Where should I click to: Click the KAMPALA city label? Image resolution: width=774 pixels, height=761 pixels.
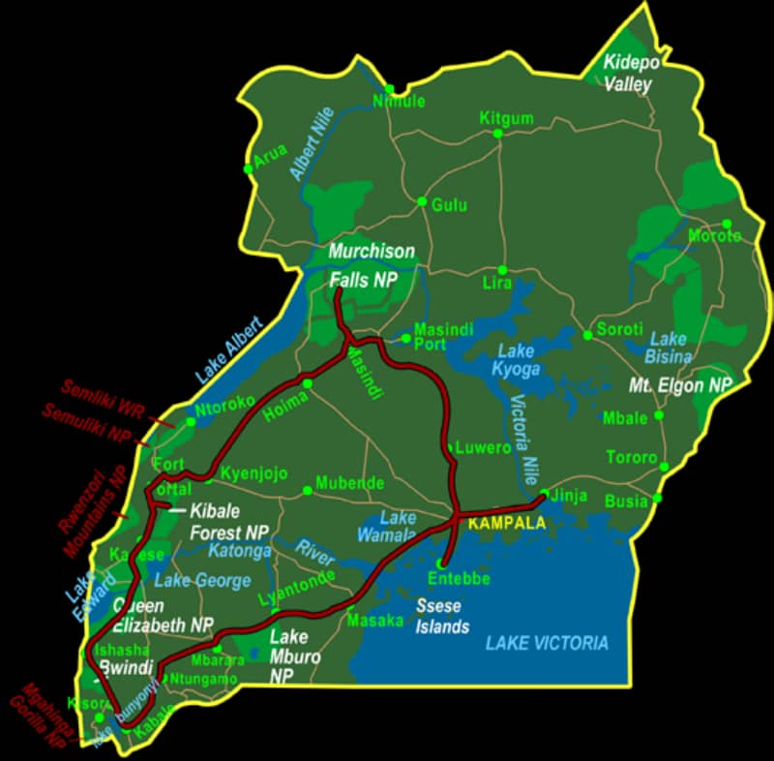(506, 523)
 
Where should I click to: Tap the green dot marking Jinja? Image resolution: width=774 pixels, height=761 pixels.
(545, 495)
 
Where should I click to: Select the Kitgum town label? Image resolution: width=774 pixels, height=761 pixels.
(506, 118)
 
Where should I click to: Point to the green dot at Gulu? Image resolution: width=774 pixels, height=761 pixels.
(422, 201)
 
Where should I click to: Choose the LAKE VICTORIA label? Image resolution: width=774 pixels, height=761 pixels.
(548, 643)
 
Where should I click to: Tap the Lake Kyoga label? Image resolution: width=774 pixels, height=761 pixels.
(518, 359)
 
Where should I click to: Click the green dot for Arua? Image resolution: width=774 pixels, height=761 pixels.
(249, 168)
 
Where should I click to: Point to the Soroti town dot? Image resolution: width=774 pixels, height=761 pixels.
(587, 336)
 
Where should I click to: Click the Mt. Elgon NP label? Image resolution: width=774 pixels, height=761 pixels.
(680, 384)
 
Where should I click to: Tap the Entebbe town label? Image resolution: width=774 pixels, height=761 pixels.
(459, 579)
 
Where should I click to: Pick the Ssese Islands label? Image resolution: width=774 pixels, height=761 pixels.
(442, 616)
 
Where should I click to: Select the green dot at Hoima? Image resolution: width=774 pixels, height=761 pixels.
(307, 384)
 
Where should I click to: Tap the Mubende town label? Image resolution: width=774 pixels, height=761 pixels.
(350, 482)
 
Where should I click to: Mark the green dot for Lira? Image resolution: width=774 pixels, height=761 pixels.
(502, 270)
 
